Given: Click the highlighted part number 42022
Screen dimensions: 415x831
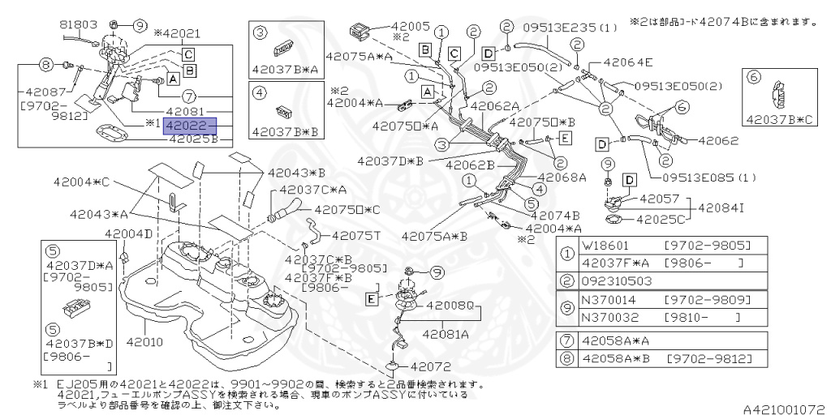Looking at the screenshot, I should (x=188, y=126).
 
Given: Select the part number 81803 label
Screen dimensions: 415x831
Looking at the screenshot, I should (x=79, y=25).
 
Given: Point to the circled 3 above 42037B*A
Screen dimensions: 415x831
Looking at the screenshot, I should (x=260, y=32).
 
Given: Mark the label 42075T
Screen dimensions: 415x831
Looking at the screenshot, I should (x=355, y=235).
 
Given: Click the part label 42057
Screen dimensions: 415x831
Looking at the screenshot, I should (x=659, y=197).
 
